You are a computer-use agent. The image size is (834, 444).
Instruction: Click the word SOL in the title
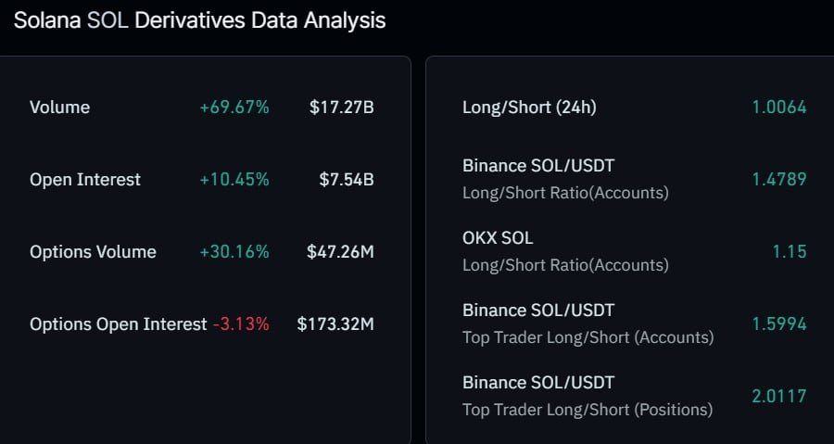(108, 20)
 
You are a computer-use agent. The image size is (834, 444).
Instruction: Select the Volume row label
(59, 108)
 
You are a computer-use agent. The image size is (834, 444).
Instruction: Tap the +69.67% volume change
(234, 108)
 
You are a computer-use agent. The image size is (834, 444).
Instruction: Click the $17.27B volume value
(342, 108)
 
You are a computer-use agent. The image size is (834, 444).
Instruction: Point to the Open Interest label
(85, 180)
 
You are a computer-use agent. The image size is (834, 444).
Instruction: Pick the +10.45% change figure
(234, 180)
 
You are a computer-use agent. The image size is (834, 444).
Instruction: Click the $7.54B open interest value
(347, 180)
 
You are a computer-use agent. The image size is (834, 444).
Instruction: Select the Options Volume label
(93, 252)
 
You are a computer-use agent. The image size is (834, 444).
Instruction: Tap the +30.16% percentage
(234, 252)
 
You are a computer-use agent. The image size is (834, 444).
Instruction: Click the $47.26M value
(340, 252)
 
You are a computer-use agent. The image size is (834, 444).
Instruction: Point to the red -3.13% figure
(242, 324)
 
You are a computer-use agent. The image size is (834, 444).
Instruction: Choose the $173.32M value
(335, 324)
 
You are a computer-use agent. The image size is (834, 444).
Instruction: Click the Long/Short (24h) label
(529, 108)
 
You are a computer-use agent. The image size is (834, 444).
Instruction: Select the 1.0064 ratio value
(779, 108)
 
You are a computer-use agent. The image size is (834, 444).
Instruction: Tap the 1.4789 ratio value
(779, 180)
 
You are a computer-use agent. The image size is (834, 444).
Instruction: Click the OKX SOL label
(498, 238)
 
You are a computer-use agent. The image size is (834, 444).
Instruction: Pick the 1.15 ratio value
(790, 252)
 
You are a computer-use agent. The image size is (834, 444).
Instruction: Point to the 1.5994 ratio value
(779, 324)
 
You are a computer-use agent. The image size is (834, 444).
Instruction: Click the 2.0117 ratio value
(779, 397)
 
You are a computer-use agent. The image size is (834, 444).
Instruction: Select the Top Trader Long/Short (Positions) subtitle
(588, 410)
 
